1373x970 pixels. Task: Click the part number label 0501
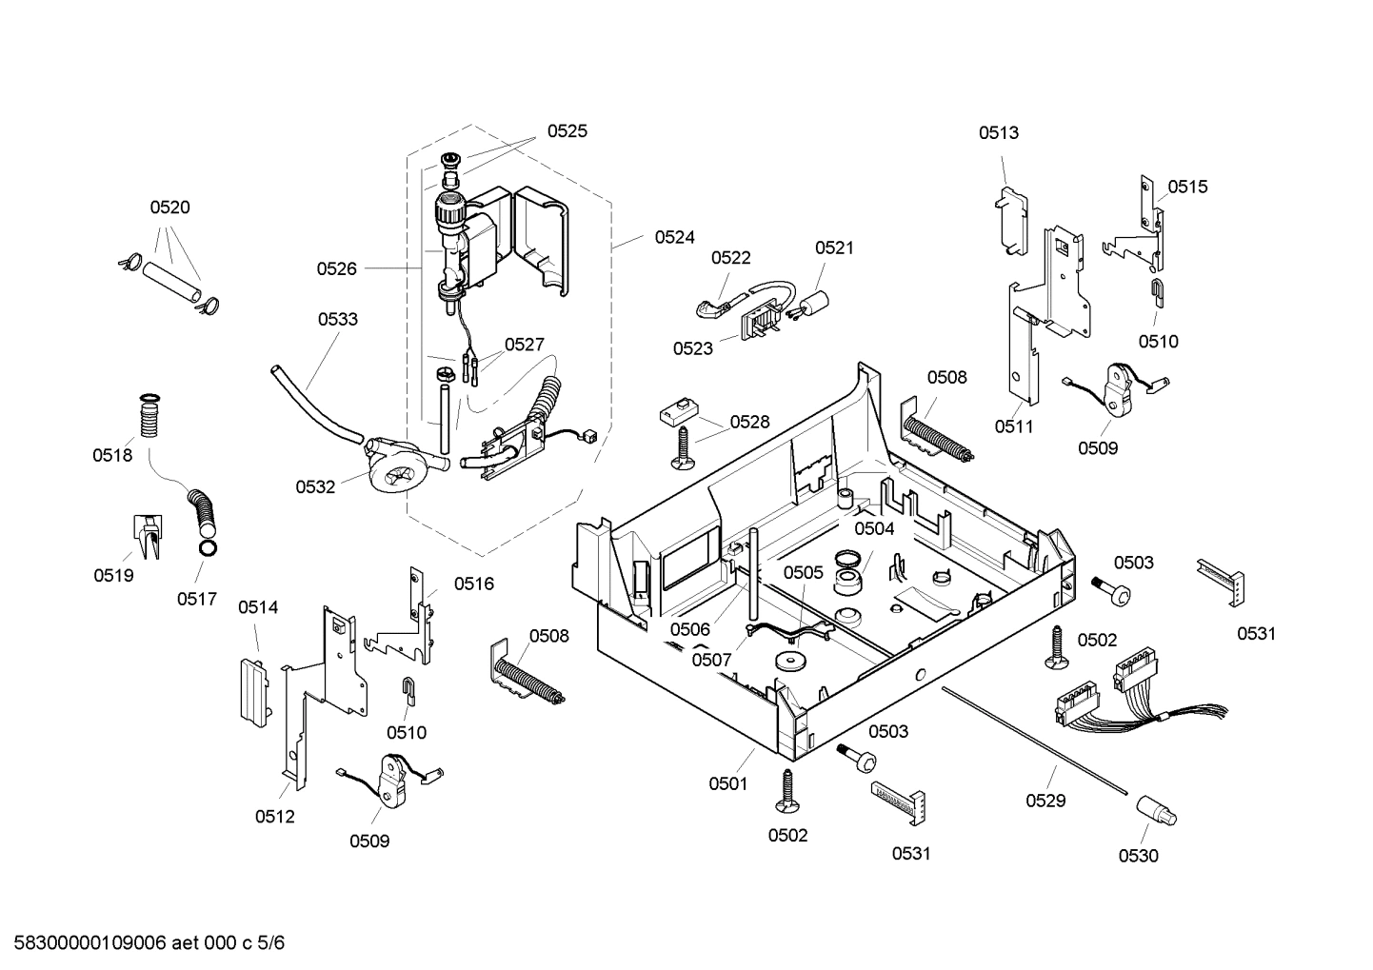[727, 783]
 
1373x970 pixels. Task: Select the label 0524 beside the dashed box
[674, 237]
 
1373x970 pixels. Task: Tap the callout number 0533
[338, 319]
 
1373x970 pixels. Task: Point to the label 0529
[1045, 801]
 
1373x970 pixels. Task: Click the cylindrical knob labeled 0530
[1156, 814]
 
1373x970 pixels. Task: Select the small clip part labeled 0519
[146, 537]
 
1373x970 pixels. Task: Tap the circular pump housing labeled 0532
[392, 471]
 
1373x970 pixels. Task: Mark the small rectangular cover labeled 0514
[249, 688]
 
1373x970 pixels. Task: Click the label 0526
[337, 269]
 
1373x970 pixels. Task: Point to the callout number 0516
[473, 584]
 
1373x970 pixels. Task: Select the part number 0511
[1014, 426]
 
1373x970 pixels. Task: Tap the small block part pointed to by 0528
[676, 411]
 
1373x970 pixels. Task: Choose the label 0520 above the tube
[169, 208]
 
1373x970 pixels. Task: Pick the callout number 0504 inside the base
[873, 528]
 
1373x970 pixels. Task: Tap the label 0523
[693, 348]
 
